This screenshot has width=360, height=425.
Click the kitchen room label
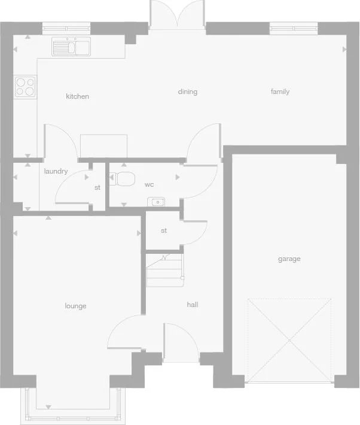[x=77, y=96]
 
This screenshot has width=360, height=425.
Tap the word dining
[x=187, y=92]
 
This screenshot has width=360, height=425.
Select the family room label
[x=280, y=92]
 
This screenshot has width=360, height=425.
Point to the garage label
[x=289, y=259]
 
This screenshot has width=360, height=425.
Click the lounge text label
[x=75, y=306]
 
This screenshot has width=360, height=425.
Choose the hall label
[x=192, y=305]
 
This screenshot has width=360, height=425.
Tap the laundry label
[x=56, y=171]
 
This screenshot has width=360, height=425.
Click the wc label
[x=150, y=184]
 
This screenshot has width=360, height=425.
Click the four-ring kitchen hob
[x=25, y=87]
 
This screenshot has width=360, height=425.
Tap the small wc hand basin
[x=157, y=202]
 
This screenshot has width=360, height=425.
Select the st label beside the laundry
[x=97, y=187]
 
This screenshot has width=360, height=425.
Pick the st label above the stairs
[x=163, y=230]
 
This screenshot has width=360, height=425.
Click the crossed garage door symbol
[x=289, y=340]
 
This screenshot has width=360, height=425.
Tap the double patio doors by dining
[x=176, y=15]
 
